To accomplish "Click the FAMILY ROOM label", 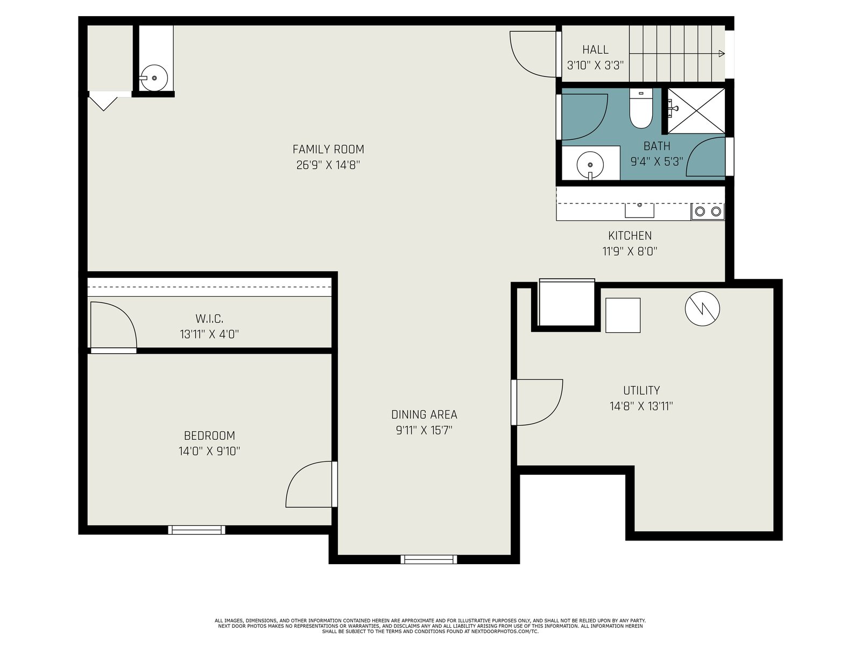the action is (328, 150).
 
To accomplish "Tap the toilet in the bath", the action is (640, 108).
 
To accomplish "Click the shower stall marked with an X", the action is (696, 110).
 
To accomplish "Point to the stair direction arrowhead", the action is (722, 54).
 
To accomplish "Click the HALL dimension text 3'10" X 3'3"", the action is (595, 66).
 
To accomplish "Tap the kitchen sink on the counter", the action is (639, 210).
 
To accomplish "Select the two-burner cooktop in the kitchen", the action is (707, 212).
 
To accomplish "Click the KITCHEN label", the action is (630, 236).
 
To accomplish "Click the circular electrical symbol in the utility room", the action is (702, 308).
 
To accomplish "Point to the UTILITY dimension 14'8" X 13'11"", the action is (641, 406).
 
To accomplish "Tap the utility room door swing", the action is (539, 402).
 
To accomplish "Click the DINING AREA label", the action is (424, 415).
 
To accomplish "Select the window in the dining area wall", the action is (429, 559).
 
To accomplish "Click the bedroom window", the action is (196, 530).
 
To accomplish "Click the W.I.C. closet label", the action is (209, 319).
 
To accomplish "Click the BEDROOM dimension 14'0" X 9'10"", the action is (209, 452).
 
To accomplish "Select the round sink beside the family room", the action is (154, 78).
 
